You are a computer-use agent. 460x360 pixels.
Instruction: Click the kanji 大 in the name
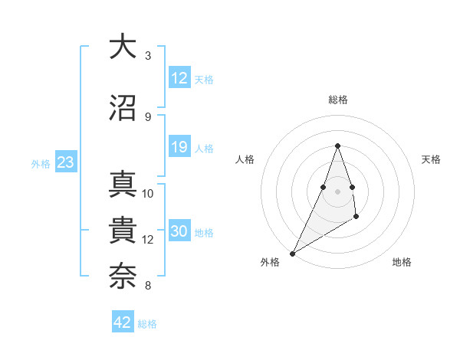pyautogui.click(x=123, y=47)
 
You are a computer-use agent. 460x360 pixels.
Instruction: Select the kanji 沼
pyautogui.click(x=123, y=107)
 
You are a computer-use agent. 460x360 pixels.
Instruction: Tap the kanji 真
pyautogui.click(x=123, y=185)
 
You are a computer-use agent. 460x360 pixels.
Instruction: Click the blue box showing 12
pyautogui.click(x=179, y=78)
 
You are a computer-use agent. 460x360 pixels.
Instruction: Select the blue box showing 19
pyautogui.click(x=179, y=147)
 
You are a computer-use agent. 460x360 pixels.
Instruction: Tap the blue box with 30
pyautogui.click(x=179, y=232)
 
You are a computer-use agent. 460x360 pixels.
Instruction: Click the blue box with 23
pyautogui.click(x=65, y=162)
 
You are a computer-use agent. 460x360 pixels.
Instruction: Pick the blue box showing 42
pyautogui.click(x=123, y=322)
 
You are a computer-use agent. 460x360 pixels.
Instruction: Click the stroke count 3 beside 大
pyautogui.click(x=148, y=56)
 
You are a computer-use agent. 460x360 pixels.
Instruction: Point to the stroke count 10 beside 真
pyautogui.click(x=148, y=194)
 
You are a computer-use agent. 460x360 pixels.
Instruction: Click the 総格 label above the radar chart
pyautogui.click(x=338, y=100)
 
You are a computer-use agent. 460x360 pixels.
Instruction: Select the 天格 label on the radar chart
pyautogui.click(x=432, y=159)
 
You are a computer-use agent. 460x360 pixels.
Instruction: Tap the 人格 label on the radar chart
pyautogui.click(x=245, y=159)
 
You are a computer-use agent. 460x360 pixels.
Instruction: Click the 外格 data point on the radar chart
pyautogui.click(x=292, y=253)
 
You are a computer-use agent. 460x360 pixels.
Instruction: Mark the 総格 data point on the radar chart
pyautogui.click(x=338, y=146)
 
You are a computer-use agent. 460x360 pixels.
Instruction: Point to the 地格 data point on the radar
pyautogui.click(x=356, y=218)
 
